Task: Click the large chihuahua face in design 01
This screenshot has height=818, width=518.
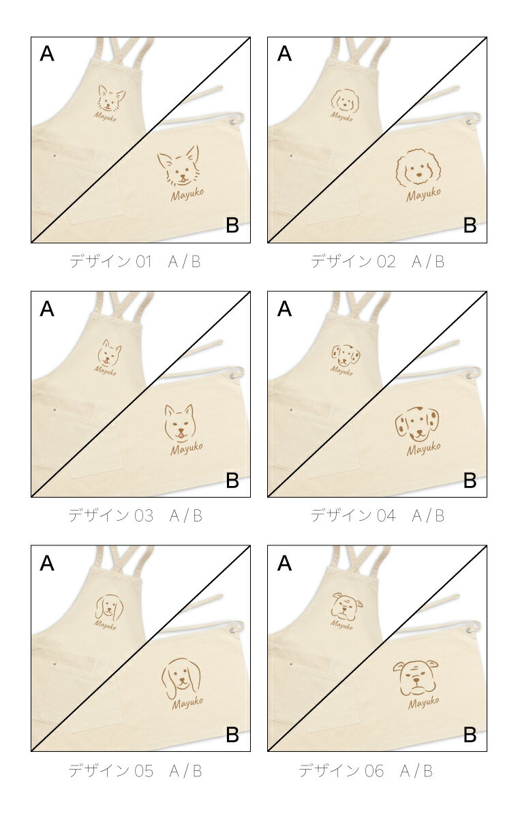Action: point(179,166)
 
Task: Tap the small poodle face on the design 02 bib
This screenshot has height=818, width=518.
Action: point(345,100)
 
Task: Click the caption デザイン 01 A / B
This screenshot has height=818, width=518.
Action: point(135,262)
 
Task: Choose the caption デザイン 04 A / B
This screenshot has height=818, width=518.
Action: point(378,515)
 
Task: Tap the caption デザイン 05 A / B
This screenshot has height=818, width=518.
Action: point(135,770)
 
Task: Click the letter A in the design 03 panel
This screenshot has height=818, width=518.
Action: point(47,309)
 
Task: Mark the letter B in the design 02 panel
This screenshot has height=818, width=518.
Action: point(470,225)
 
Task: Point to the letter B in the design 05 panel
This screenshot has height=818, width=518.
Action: point(232,734)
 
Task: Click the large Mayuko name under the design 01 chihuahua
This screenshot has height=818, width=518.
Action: point(187,194)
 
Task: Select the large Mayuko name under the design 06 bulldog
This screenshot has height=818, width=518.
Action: point(423,703)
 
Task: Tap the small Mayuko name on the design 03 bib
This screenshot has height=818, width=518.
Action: point(105,371)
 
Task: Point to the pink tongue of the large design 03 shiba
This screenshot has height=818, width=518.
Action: point(181,436)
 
